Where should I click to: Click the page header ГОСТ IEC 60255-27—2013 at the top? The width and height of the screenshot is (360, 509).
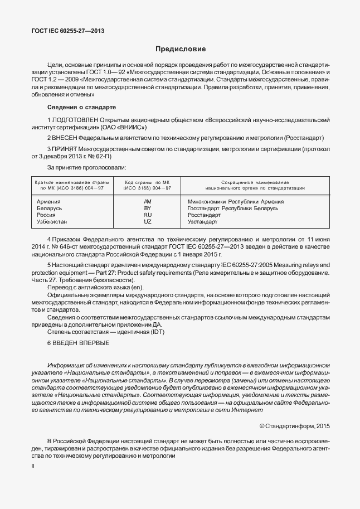(67, 31)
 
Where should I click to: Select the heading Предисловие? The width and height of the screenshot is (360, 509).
(179, 50)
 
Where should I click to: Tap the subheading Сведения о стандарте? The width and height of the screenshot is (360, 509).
(81, 107)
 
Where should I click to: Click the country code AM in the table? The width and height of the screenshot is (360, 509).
(148, 201)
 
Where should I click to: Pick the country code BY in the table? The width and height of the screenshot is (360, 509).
(148, 208)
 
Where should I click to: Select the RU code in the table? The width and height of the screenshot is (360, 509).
(148, 215)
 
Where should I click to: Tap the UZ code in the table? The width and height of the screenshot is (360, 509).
(148, 221)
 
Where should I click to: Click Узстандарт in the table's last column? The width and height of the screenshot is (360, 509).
(203, 221)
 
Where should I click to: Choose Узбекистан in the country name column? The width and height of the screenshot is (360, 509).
(51, 221)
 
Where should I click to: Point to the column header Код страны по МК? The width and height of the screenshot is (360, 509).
(147, 182)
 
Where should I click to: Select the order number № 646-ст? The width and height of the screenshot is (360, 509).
(60, 245)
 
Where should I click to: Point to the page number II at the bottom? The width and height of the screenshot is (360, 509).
(32, 464)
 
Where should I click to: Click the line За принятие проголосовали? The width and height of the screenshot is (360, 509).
(86, 167)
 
